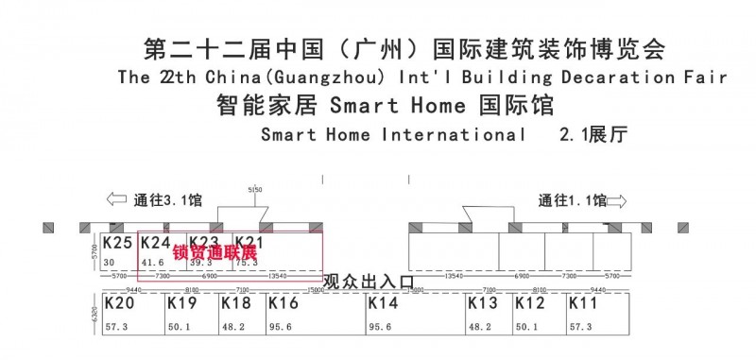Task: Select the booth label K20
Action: click(119, 304)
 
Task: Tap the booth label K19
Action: click(181, 304)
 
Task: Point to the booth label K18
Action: click(236, 304)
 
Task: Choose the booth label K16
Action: click(283, 304)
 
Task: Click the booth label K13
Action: click(483, 304)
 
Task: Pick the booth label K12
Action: click(530, 304)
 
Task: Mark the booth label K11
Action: click(583, 304)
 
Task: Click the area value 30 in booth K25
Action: click(110, 263)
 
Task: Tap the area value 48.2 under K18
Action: click(232, 328)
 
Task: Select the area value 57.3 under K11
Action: click(579, 328)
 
